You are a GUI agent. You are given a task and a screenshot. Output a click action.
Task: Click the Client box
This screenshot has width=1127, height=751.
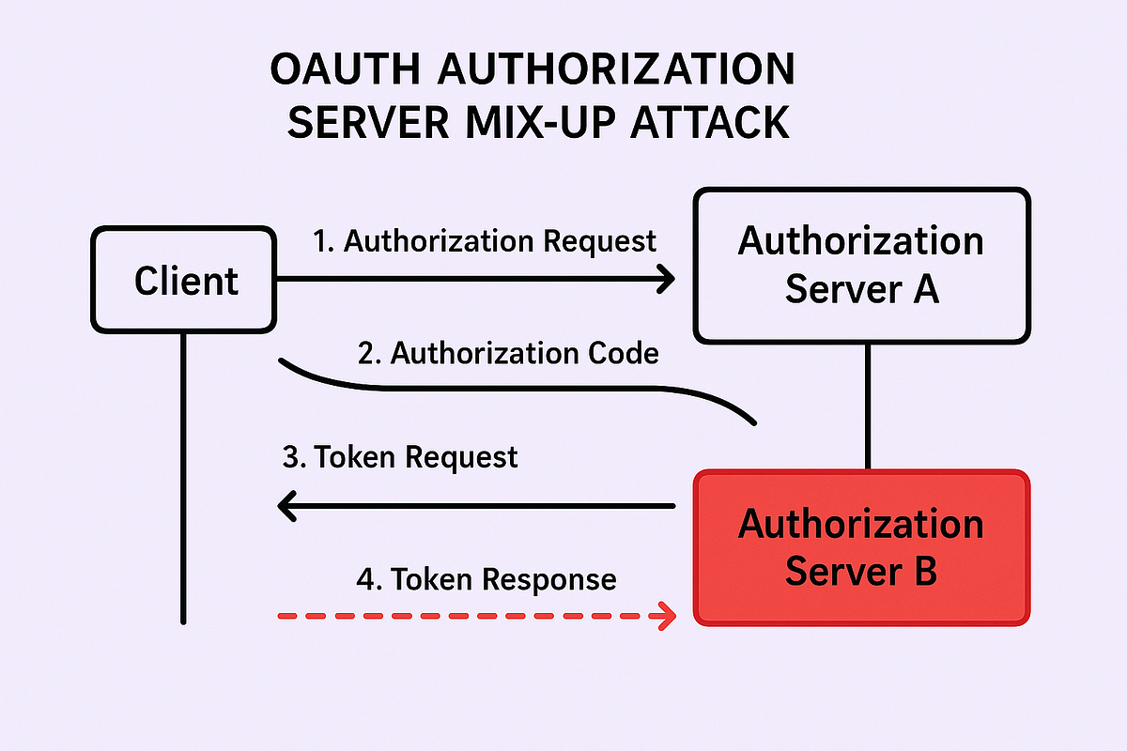184,280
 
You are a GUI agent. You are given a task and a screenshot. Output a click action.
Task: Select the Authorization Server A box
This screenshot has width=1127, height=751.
861,266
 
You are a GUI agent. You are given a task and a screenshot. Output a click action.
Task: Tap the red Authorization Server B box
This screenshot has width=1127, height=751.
861,547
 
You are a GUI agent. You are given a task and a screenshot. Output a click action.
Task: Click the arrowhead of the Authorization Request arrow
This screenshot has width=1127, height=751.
667,278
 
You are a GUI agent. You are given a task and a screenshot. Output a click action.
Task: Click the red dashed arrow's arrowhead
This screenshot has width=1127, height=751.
667,617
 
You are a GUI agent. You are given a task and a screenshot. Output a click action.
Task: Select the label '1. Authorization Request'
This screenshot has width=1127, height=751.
484,241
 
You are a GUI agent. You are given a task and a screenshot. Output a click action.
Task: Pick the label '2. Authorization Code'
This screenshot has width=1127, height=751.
508,354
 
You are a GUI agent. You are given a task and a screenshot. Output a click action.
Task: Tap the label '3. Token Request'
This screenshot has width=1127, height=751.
400,457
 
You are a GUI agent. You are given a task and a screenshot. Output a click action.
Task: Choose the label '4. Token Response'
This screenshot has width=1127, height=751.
486,579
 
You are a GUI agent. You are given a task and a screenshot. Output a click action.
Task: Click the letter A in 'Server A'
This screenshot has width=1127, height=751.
923,289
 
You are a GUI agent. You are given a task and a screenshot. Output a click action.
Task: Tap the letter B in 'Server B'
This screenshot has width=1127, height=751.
923,571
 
